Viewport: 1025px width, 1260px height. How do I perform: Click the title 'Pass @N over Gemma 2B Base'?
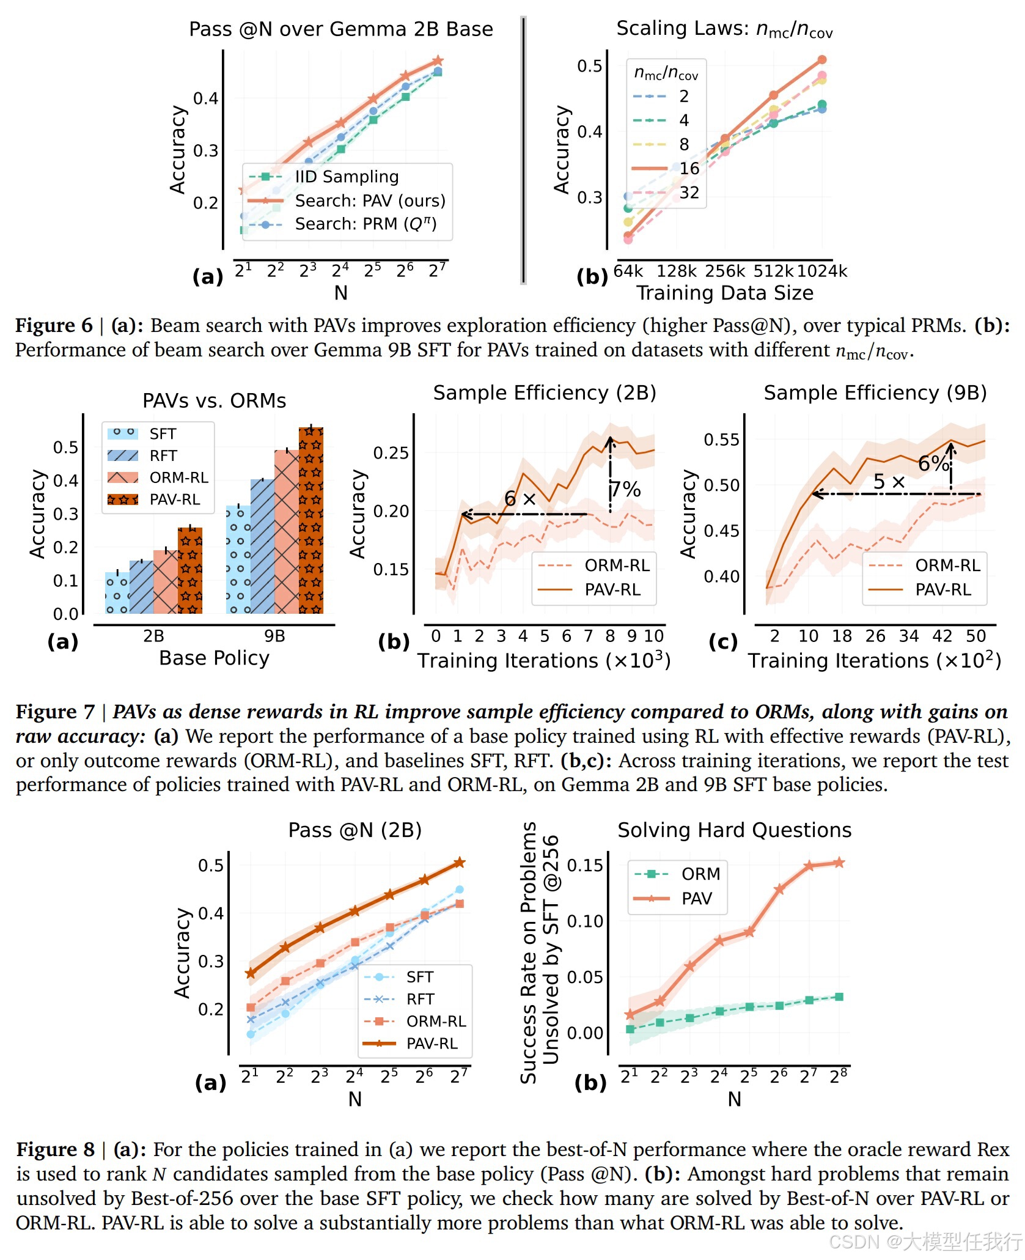click(x=340, y=29)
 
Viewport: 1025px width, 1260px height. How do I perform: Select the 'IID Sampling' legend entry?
click(x=347, y=177)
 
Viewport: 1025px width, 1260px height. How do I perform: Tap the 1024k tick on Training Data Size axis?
click(x=822, y=271)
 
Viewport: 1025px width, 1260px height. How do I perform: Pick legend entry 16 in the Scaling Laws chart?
click(x=689, y=169)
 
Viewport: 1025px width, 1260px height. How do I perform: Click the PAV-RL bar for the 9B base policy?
click(x=311, y=520)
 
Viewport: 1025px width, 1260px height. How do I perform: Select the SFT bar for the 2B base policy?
click(x=117, y=592)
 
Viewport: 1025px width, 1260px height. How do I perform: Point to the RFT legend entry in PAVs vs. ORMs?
click(x=163, y=455)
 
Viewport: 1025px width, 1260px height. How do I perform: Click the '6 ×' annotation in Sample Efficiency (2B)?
click(x=520, y=499)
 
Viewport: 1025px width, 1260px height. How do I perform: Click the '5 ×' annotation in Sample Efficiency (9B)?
click(x=889, y=482)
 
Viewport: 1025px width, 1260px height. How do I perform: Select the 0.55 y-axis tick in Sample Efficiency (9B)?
click(x=721, y=440)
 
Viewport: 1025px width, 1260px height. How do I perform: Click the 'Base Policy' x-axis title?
click(x=214, y=658)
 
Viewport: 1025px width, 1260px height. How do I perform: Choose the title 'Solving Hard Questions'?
click(x=734, y=830)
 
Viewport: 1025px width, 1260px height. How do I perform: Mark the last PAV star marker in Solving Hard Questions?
click(x=839, y=863)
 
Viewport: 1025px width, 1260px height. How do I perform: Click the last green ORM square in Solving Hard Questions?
click(x=839, y=997)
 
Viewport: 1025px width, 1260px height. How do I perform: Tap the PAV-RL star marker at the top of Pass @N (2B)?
click(x=460, y=863)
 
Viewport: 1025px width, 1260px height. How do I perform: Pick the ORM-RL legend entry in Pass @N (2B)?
click(x=436, y=1022)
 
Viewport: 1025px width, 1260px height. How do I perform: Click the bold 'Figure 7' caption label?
click(x=55, y=712)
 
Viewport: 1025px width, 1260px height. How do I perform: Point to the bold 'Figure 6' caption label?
click(x=54, y=325)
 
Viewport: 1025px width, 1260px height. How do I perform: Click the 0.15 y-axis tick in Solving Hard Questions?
click(x=585, y=865)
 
